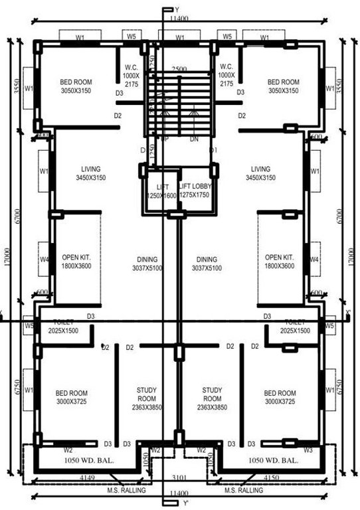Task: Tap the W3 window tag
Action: (x=308, y=450)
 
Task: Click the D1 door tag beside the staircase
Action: (x=213, y=151)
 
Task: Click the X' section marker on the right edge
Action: (x=348, y=312)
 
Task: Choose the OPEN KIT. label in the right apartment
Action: (x=279, y=257)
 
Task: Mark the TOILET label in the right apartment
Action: (x=292, y=321)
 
